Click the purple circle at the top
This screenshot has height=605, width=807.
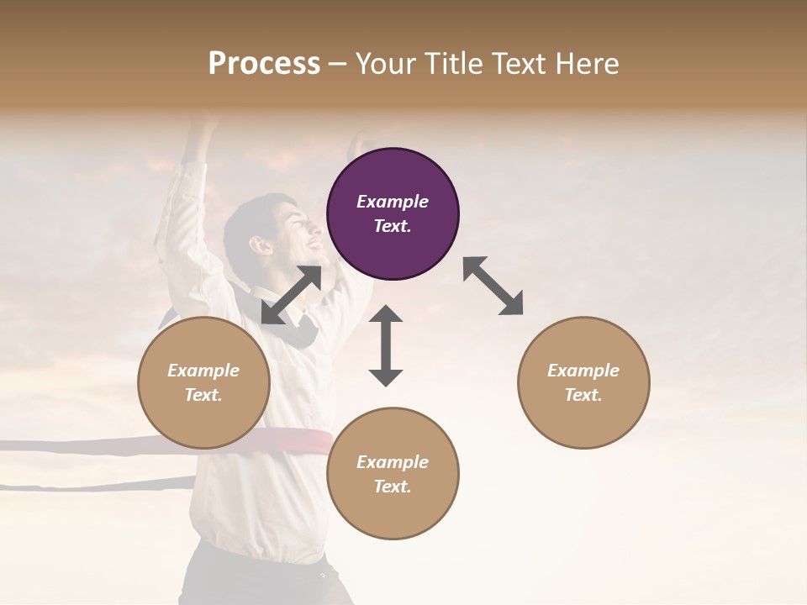[x=393, y=213]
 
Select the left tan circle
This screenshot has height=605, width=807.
[x=203, y=383]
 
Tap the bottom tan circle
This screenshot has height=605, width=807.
[x=393, y=473]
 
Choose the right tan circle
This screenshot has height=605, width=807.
[x=583, y=383]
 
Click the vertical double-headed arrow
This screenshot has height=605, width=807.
[x=386, y=346]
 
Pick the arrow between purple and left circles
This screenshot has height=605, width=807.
[x=291, y=295]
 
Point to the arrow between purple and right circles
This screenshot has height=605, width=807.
[x=493, y=287]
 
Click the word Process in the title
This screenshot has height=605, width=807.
[x=264, y=63]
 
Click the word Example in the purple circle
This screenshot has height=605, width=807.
[x=393, y=202]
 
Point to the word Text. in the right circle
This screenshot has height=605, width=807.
[x=583, y=395]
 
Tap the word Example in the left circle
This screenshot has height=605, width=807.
[x=203, y=371]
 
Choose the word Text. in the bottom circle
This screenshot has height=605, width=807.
[x=393, y=487]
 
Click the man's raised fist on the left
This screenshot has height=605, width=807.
[x=203, y=126]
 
